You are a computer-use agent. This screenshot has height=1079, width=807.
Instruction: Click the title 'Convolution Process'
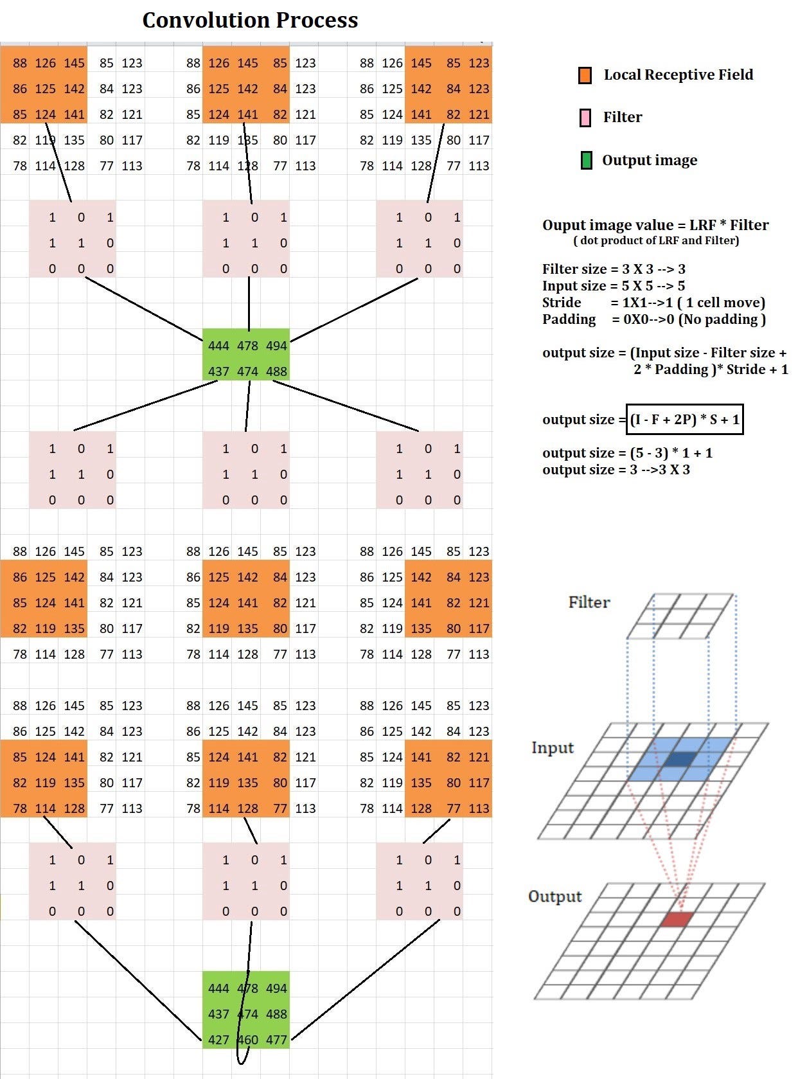coord(250,21)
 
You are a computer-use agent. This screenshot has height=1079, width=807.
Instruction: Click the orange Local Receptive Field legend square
coord(585,75)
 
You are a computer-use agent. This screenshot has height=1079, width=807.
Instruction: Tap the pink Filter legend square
coord(585,118)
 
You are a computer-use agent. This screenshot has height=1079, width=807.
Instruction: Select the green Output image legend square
coord(586,160)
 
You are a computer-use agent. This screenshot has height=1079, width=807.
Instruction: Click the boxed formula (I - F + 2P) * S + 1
coord(685,420)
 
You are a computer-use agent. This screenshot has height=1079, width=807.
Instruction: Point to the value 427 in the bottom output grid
coord(218,1040)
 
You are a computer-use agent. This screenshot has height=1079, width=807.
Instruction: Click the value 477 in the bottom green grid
coord(276,1040)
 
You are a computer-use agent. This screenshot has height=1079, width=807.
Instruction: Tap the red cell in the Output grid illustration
coord(677,919)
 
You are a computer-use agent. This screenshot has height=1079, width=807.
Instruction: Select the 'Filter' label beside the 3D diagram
coord(589,602)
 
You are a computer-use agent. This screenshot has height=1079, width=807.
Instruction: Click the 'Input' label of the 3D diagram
coord(552,747)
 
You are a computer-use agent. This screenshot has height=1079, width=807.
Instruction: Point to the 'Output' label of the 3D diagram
coord(554,896)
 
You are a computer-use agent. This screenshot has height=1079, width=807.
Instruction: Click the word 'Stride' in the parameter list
coord(562,303)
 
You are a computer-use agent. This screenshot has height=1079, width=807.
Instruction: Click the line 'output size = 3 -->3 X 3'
coord(616,470)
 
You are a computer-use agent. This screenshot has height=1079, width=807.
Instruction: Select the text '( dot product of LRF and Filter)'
coord(656,240)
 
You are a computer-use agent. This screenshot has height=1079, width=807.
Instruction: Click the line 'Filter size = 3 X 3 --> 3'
coord(614,269)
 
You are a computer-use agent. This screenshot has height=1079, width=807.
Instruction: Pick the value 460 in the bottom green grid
coord(248,1040)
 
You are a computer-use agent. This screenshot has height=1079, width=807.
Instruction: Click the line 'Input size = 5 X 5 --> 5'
coord(614,286)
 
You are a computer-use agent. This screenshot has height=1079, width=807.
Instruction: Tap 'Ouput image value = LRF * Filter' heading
coord(655,225)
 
